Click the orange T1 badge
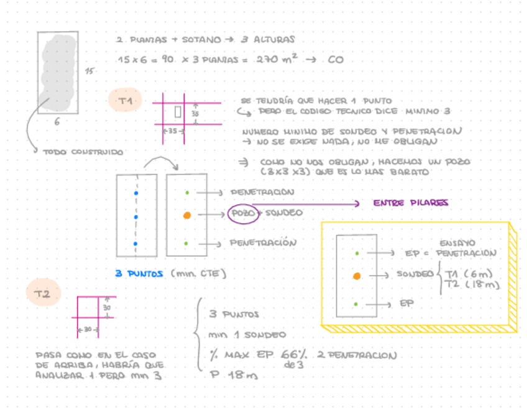[x=126, y=100]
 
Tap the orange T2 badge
[x=43, y=294]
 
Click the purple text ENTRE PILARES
[x=410, y=203]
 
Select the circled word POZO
[x=242, y=213]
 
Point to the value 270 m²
[x=277, y=60]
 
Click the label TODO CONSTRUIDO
[x=83, y=151]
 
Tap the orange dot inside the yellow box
[x=356, y=276]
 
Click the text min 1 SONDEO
[x=247, y=335]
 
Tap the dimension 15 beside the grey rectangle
[x=89, y=72]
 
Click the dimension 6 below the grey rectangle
[x=57, y=122]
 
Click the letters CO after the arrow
[x=335, y=60]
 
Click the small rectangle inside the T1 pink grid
[x=178, y=112]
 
